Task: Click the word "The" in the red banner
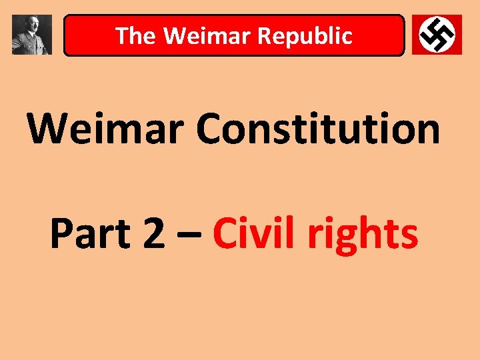pyautogui.click(x=135, y=36)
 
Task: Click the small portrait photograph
pyautogui.click(x=32, y=35)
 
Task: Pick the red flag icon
pyautogui.click(x=437, y=35)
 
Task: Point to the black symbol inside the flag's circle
pyautogui.click(x=437, y=34)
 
